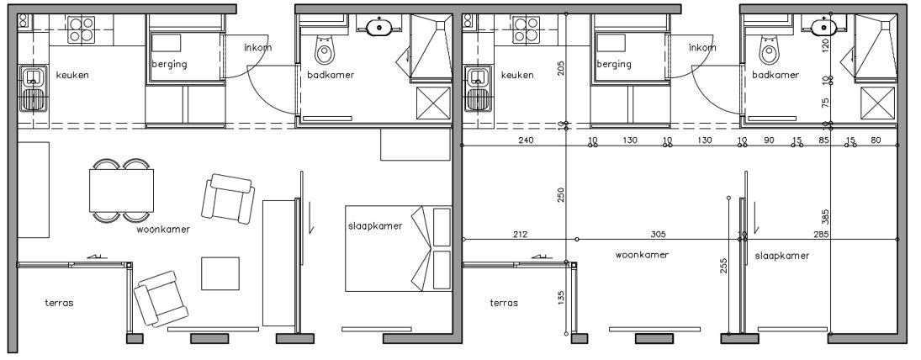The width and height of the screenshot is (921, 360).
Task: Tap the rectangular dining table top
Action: click(x=122, y=191)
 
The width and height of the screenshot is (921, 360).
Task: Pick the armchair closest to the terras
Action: click(x=160, y=299)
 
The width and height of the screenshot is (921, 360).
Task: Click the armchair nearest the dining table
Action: click(x=227, y=199)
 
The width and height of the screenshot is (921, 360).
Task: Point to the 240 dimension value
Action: click(x=527, y=140)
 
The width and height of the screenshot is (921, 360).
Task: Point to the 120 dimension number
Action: click(x=825, y=44)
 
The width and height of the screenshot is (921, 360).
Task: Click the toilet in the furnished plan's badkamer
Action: click(x=324, y=51)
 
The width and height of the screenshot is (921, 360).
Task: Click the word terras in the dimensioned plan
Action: click(x=504, y=303)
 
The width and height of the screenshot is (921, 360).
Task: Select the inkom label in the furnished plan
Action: click(x=258, y=47)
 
